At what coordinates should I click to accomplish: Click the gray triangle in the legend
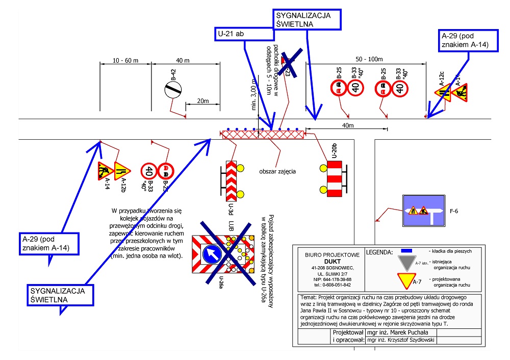pos(406,262)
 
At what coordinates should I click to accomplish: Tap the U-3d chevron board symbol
pos(231,179)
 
